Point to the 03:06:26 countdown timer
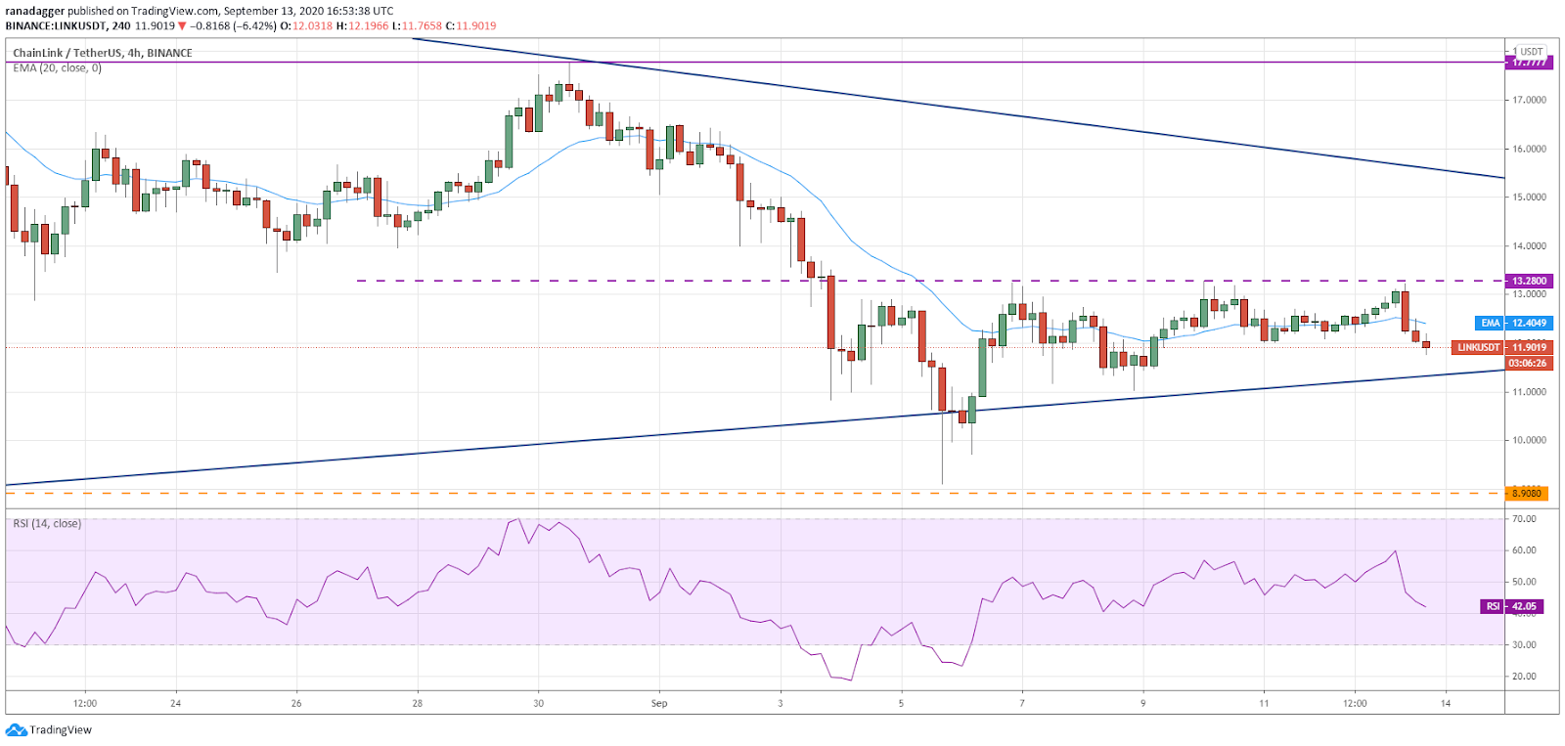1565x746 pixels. pyautogui.click(x=1528, y=363)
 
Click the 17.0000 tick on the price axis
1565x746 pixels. pyautogui.click(x=1529, y=100)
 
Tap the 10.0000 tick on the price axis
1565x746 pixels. pyautogui.click(x=1529, y=440)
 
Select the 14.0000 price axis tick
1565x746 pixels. pyautogui.click(x=1529, y=246)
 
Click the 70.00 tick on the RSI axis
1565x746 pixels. pyautogui.click(x=1524, y=519)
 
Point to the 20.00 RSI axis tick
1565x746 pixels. pyautogui.click(x=1524, y=677)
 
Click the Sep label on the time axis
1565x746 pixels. pyautogui.click(x=659, y=703)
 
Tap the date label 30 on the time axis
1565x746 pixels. pyautogui.click(x=538, y=703)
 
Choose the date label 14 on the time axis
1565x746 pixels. pyautogui.click(x=1446, y=703)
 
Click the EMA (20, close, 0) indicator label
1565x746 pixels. pyautogui.click(x=57, y=68)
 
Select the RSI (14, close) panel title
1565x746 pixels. pyautogui.click(x=47, y=524)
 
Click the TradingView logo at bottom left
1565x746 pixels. pyautogui.click(x=49, y=730)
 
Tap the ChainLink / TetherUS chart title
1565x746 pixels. pyautogui.click(x=103, y=53)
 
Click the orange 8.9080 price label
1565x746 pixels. pyautogui.click(x=1527, y=493)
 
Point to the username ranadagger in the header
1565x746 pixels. pyautogui.click(x=34, y=11)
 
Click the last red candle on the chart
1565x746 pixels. pyautogui.click(x=1426, y=344)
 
